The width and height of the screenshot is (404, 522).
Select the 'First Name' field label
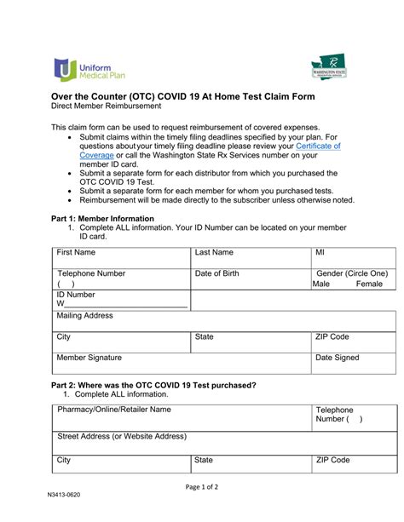tap(76, 253)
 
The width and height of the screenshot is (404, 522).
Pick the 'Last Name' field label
tap(213, 253)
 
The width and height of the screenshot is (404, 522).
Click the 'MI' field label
tap(320, 253)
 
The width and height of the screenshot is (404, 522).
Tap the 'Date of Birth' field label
tap(216, 273)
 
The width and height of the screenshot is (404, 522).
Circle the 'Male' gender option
tap(320, 284)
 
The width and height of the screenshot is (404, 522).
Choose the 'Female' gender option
tap(369, 284)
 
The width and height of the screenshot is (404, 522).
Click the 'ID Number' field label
tap(76, 295)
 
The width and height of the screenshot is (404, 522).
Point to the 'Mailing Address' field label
tap(84, 316)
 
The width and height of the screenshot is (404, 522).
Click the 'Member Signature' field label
tap(89, 358)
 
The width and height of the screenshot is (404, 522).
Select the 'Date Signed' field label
tap(338, 358)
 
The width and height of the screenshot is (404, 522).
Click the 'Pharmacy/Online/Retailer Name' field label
tap(113, 410)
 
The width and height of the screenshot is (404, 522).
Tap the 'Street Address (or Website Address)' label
tap(121, 436)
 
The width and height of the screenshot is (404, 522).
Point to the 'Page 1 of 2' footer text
tap(201, 487)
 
